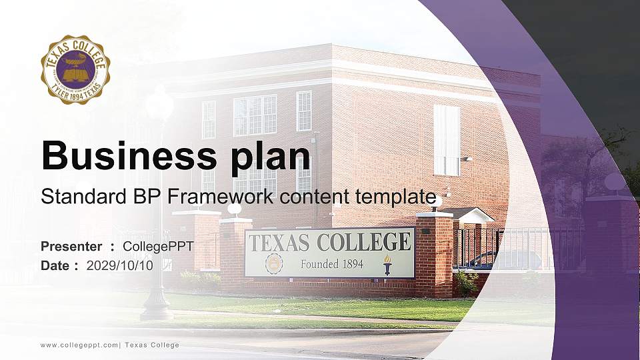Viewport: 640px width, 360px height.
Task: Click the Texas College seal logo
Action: pyautogui.click(x=75, y=70)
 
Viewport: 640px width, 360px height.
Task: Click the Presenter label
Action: pyautogui.click(x=71, y=247)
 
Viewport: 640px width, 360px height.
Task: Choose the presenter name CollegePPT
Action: pyautogui.click(x=158, y=247)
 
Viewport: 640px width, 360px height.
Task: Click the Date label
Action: pyautogui.click(x=55, y=265)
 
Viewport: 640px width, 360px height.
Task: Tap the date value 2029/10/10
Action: pyautogui.click(x=120, y=265)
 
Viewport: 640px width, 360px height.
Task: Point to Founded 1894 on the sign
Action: pyautogui.click(x=332, y=264)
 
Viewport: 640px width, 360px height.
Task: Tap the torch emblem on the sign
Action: pyautogui.click(x=387, y=264)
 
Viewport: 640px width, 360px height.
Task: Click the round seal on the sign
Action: pyautogui.click(x=274, y=264)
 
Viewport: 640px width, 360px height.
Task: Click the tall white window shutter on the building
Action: pyautogui.click(x=446, y=140)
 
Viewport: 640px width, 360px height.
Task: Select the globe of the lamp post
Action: pyautogui.click(x=159, y=103)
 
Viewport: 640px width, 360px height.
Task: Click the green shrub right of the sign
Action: pyautogui.click(x=466, y=283)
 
